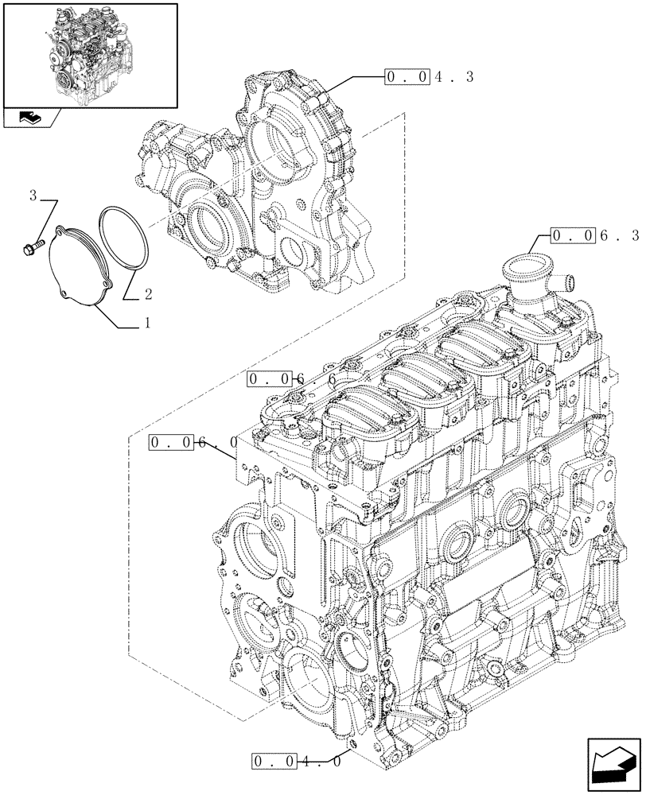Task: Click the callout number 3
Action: pos(33,195)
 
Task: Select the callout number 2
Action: pos(148,295)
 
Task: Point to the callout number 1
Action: pos(147,324)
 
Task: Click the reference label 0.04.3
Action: pos(429,77)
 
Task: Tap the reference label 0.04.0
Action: pos(298,761)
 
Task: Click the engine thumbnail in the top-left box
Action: pos(89,54)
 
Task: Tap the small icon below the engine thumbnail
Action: pos(32,118)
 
